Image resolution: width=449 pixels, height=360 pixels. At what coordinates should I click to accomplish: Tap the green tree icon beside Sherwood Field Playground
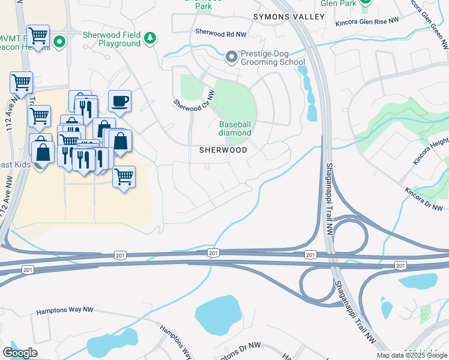coord(150,40)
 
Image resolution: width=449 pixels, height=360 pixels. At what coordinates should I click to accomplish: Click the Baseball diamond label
coord(234,128)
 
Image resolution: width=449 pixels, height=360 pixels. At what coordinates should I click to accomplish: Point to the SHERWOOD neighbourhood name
coord(223,150)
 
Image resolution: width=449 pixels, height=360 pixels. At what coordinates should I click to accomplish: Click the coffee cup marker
coord(120,101)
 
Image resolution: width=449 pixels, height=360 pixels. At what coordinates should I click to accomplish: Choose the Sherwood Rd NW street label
coord(219,32)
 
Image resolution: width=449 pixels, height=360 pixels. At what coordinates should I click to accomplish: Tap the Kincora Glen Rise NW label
coord(367,21)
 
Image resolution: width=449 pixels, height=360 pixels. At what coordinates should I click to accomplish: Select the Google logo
coord(20,353)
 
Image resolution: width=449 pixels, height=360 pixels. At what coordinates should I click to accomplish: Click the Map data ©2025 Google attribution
coord(411,355)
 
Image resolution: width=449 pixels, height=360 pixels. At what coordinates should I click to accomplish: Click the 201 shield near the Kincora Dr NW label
coord(400,265)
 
